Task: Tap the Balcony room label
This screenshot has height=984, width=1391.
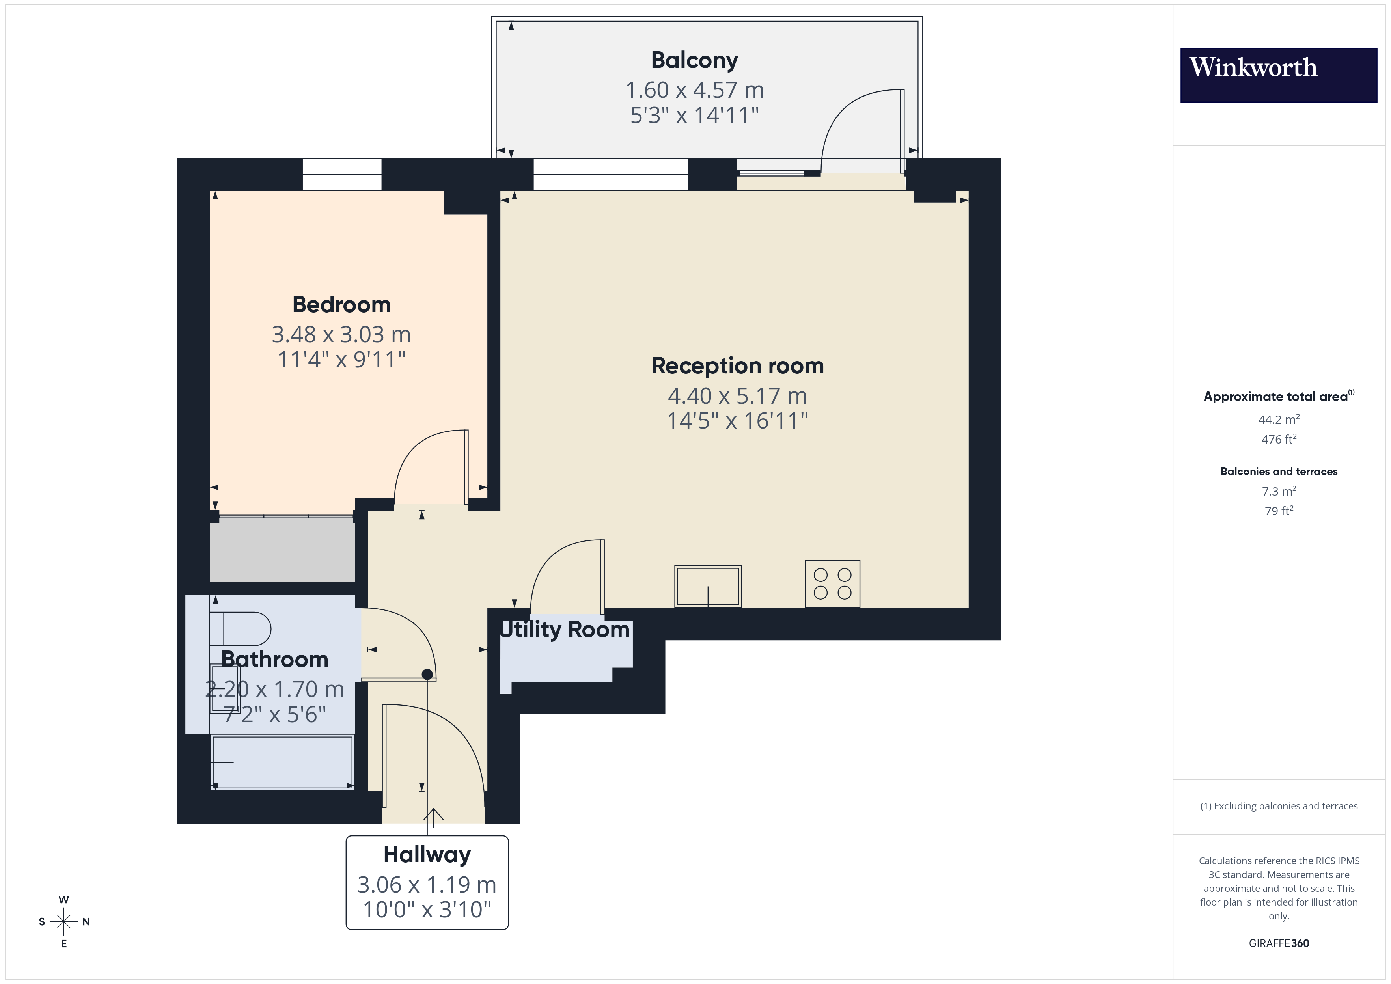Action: click(x=694, y=61)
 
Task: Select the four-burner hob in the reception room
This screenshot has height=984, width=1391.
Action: click(x=832, y=583)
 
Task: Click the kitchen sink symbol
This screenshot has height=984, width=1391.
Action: click(x=708, y=586)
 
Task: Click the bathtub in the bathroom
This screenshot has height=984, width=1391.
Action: click(x=282, y=762)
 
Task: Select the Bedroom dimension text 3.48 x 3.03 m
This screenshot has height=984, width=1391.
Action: click(x=341, y=334)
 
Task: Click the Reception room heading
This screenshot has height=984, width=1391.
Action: click(x=737, y=366)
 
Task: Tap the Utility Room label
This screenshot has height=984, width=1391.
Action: click(x=565, y=630)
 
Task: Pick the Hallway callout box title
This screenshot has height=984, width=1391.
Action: click(x=427, y=854)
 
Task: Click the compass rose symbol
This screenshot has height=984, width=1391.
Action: click(x=63, y=922)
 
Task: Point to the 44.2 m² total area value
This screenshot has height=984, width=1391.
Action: click(x=1278, y=420)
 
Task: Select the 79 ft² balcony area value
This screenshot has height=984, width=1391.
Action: click(x=1278, y=511)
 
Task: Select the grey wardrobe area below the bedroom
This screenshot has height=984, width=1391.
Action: click(x=282, y=550)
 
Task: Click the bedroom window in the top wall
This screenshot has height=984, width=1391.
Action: click(x=342, y=175)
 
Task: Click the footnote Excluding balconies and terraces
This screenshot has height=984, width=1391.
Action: click(x=1278, y=806)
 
